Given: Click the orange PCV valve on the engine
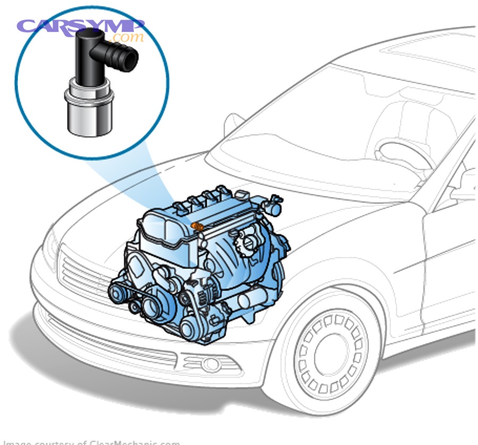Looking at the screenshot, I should [198, 227].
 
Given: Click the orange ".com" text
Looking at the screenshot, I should [127, 37].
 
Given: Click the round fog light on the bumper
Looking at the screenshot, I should [211, 364].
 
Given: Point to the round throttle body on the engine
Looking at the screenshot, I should [246, 241].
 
